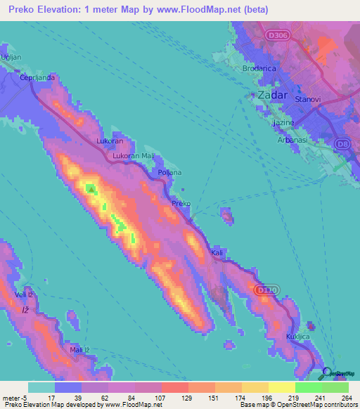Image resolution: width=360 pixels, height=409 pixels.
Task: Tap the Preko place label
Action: [x=181, y=203]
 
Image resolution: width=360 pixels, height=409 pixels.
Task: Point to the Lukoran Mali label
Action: [x=133, y=156]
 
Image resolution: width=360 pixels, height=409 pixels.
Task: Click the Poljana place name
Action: [x=169, y=172]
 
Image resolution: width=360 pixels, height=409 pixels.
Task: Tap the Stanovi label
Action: [x=308, y=100]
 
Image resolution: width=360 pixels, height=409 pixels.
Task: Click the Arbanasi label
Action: [x=289, y=140]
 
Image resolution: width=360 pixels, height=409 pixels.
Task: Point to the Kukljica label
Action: [x=297, y=337]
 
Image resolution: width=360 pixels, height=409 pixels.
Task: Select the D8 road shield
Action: [x=343, y=144]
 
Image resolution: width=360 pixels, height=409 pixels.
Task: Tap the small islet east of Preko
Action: [x=226, y=216]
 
